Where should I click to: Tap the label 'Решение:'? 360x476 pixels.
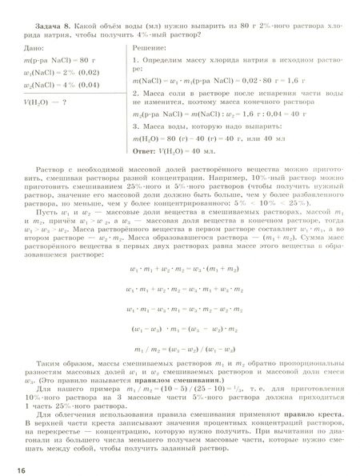(x=148, y=49)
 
